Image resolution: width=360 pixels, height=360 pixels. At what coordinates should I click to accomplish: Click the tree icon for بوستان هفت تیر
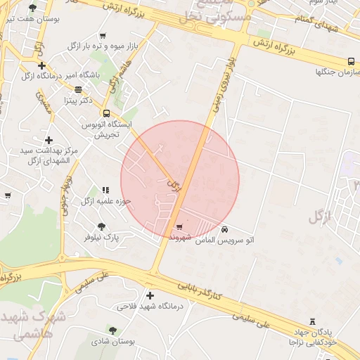(x=33, y=8)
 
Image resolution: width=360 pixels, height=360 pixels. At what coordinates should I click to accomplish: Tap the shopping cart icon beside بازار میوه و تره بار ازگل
(x=103, y=36)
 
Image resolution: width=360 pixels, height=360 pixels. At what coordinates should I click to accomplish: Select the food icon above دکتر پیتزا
(x=78, y=89)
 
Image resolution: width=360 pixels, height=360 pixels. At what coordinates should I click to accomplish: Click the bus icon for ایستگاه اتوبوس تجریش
(x=106, y=113)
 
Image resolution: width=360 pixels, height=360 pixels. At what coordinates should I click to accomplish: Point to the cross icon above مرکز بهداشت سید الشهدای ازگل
(x=49, y=141)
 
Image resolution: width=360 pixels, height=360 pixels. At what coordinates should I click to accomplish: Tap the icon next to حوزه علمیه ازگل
(x=105, y=190)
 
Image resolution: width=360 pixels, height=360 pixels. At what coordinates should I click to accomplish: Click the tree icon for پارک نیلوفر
(x=101, y=226)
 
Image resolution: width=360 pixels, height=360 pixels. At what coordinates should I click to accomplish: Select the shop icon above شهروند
(x=179, y=227)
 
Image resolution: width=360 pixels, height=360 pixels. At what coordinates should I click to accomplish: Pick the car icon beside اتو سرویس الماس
(x=224, y=230)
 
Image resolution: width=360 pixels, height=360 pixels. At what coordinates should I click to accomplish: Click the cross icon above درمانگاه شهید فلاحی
(x=149, y=295)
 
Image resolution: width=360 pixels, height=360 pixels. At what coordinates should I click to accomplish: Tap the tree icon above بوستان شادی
(x=112, y=330)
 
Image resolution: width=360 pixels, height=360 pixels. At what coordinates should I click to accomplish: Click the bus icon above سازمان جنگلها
(x=351, y=61)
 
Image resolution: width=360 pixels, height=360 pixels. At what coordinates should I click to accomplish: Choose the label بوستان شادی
(x=112, y=342)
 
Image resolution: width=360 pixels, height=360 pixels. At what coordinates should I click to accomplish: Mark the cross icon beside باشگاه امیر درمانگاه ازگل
(x=41, y=65)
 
